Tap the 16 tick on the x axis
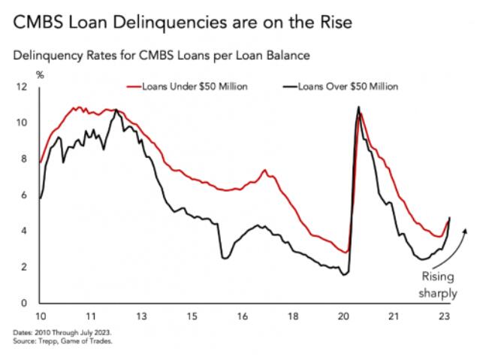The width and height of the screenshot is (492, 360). coord(242,317)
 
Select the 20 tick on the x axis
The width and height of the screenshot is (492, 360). coord(343,317)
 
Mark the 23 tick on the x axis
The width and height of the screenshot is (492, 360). coord(445,317)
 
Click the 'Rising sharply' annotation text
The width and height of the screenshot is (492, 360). coord(438,284)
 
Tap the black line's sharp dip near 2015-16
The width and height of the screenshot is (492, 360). coord(224,258)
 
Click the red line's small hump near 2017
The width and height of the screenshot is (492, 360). coord(264,171)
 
